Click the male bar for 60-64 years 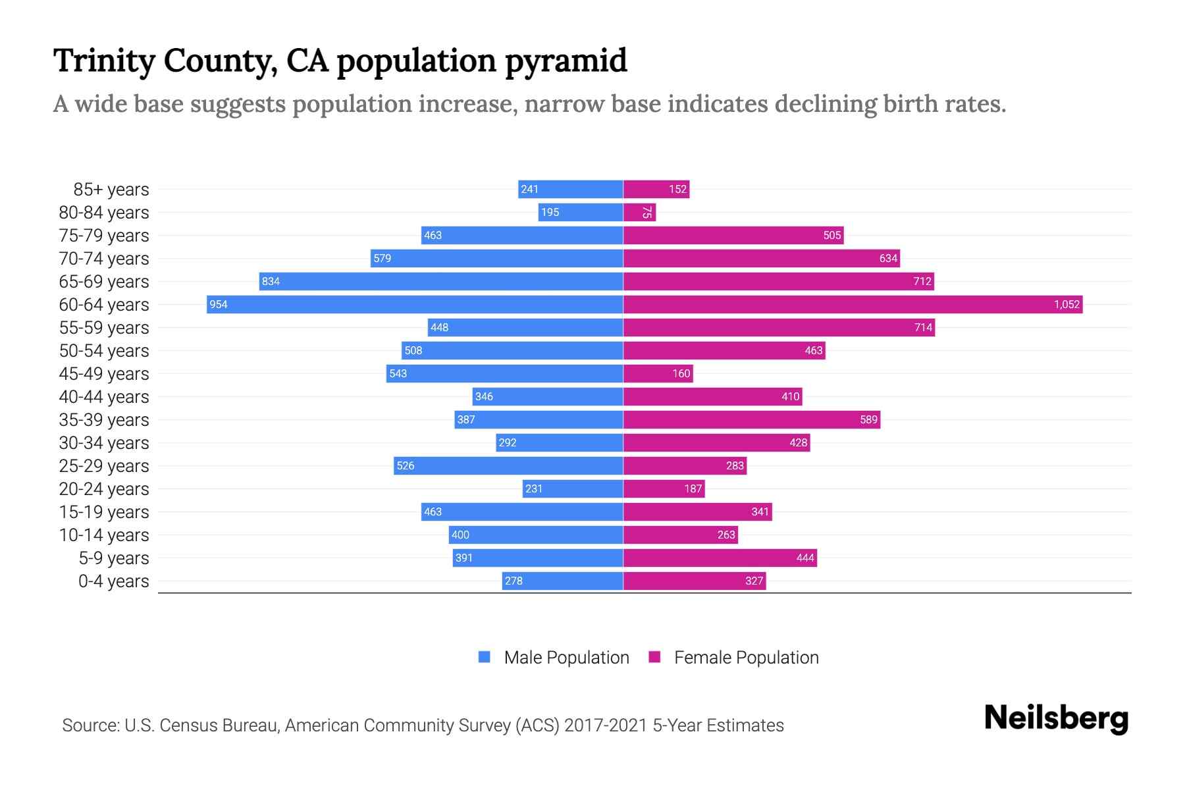[x=415, y=304]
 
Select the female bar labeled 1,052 [x=853, y=304]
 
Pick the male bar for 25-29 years [x=508, y=465]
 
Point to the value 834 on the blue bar [x=271, y=281]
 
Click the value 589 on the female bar [x=868, y=419]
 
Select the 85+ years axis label [x=111, y=190]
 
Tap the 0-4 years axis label [x=113, y=581]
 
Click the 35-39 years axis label [x=104, y=420]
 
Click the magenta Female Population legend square [x=654, y=657]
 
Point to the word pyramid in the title [x=566, y=61]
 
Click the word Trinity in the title [x=103, y=61]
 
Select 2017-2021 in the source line [x=606, y=725]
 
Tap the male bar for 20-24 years [x=573, y=488]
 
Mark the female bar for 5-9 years [x=720, y=558]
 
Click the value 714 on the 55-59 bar [x=923, y=327]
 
